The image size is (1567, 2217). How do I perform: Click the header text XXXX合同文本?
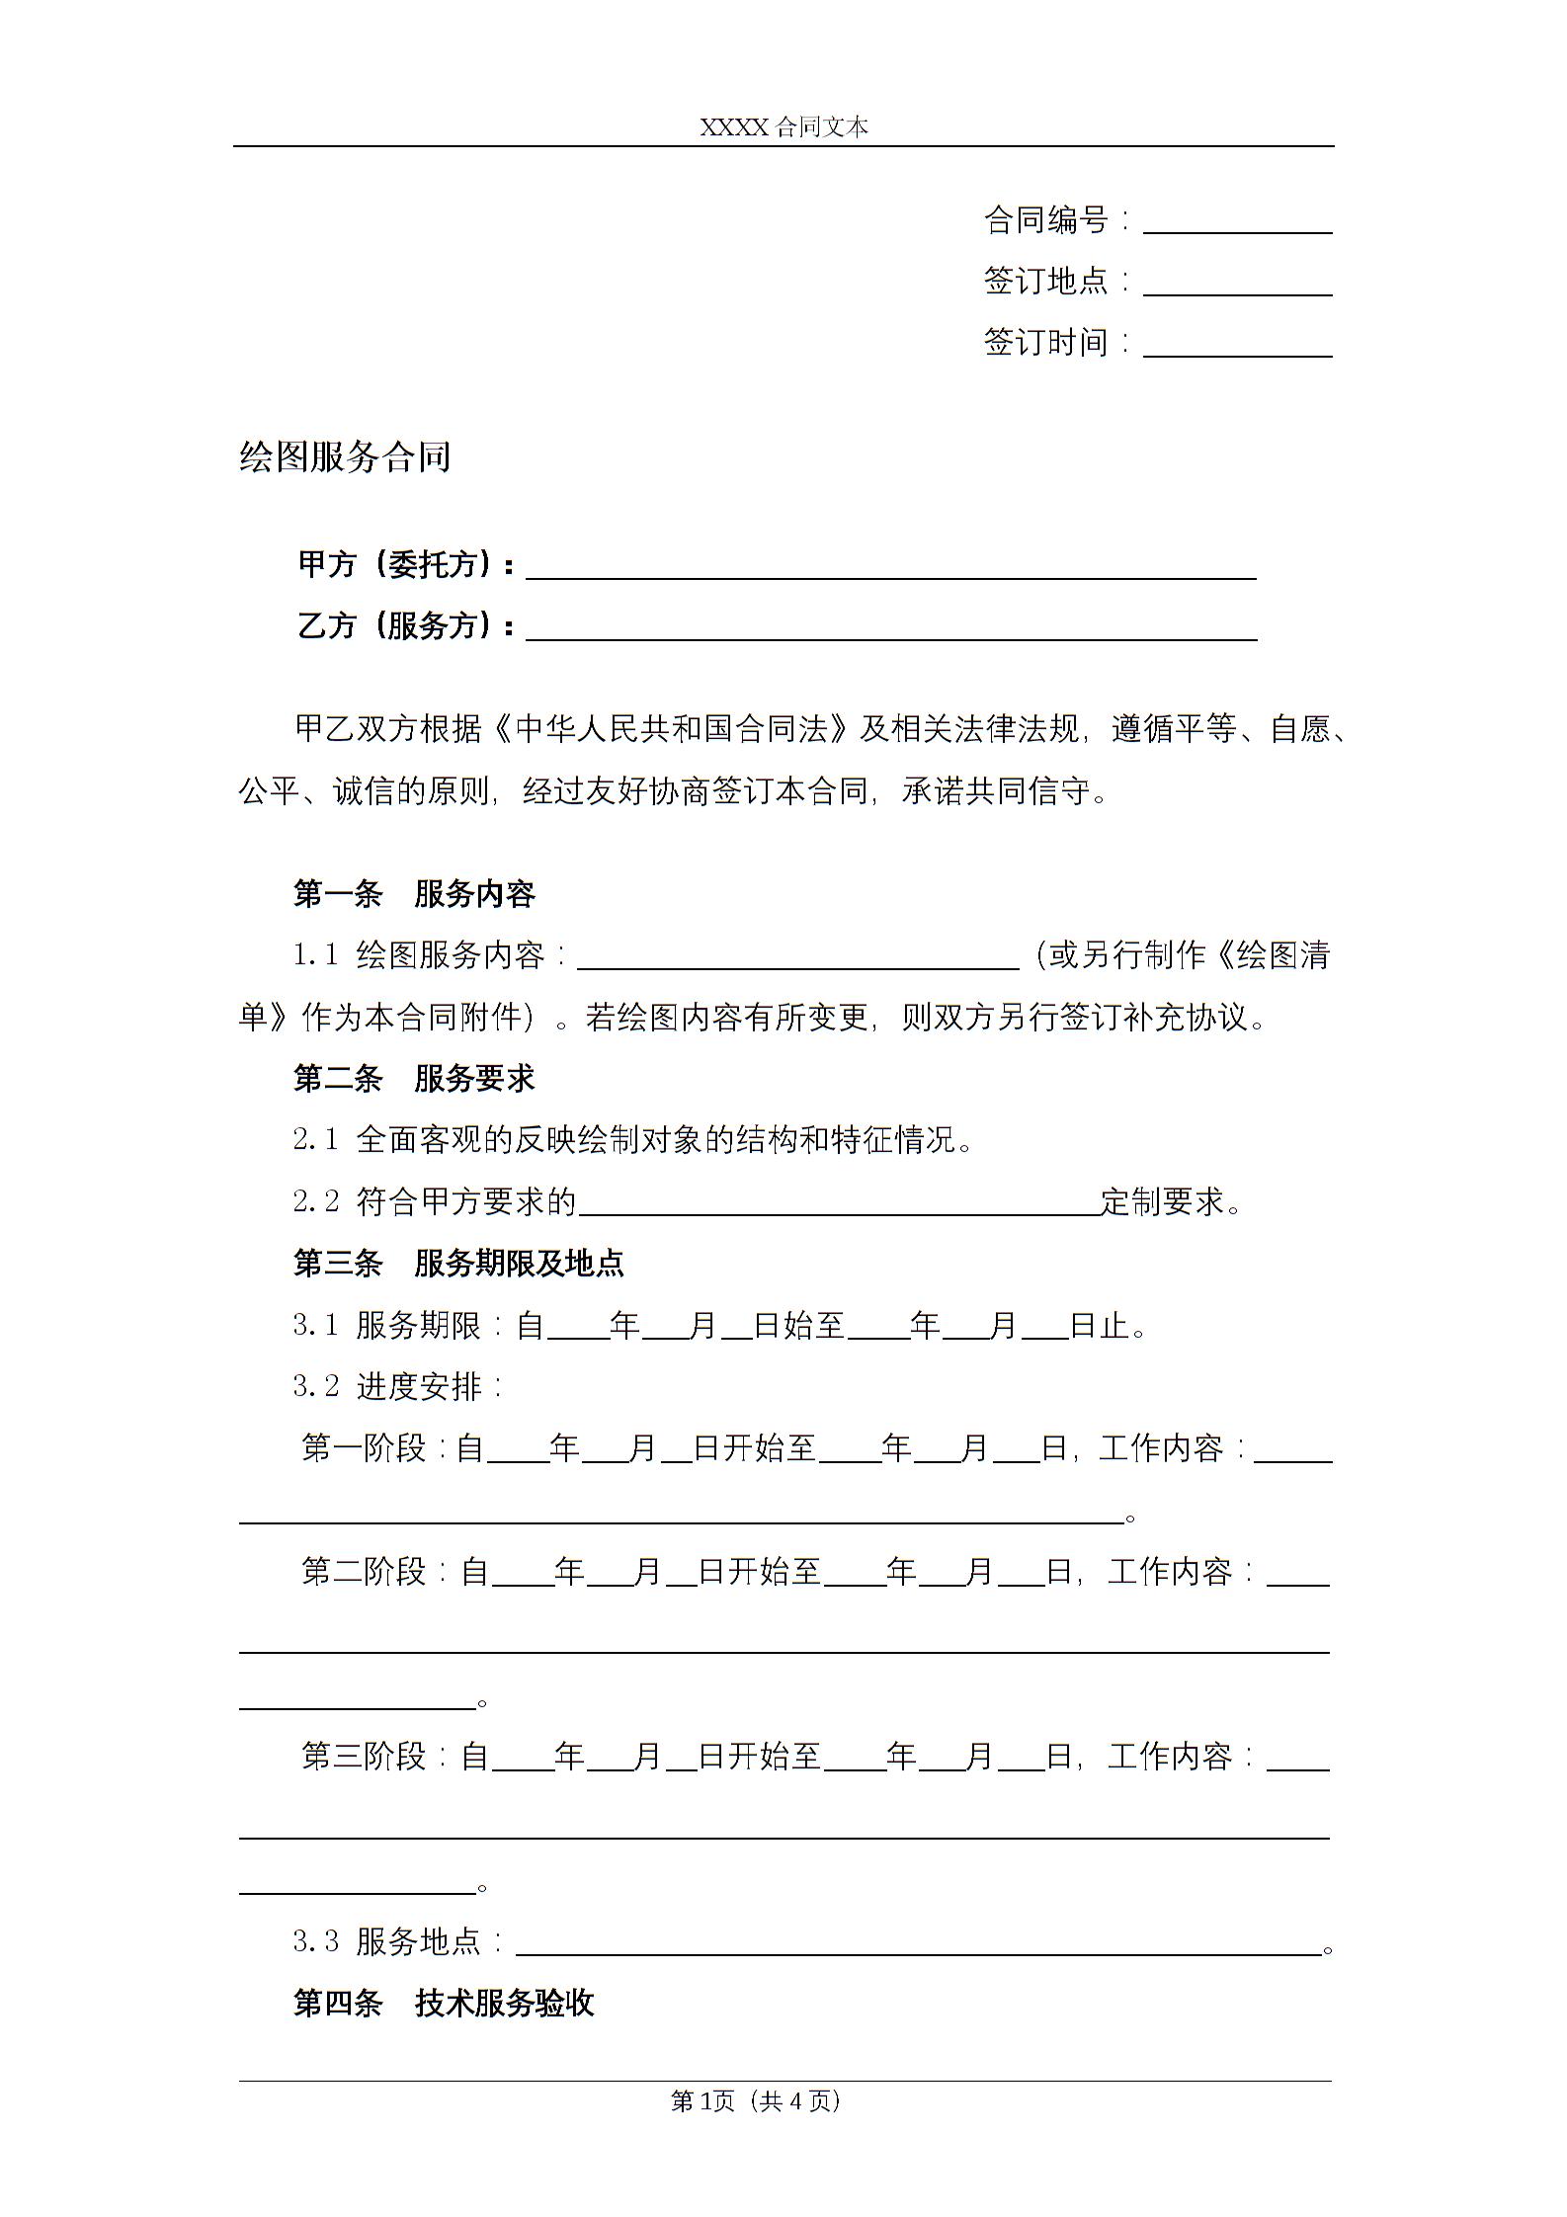click(783, 127)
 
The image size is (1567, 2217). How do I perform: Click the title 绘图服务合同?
click(345, 457)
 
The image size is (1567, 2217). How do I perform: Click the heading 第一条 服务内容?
click(414, 894)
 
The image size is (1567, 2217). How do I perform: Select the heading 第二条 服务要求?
click(414, 1079)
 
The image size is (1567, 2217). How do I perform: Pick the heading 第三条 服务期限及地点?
click(458, 1264)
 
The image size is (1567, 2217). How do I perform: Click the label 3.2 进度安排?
click(399, 1387)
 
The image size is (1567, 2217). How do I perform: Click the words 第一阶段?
click(364, 1449)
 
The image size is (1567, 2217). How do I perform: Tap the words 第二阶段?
click(364, 1572)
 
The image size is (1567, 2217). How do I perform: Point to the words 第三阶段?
click(364, 1757)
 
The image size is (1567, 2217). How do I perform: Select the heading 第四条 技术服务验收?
click(444, 2004)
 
